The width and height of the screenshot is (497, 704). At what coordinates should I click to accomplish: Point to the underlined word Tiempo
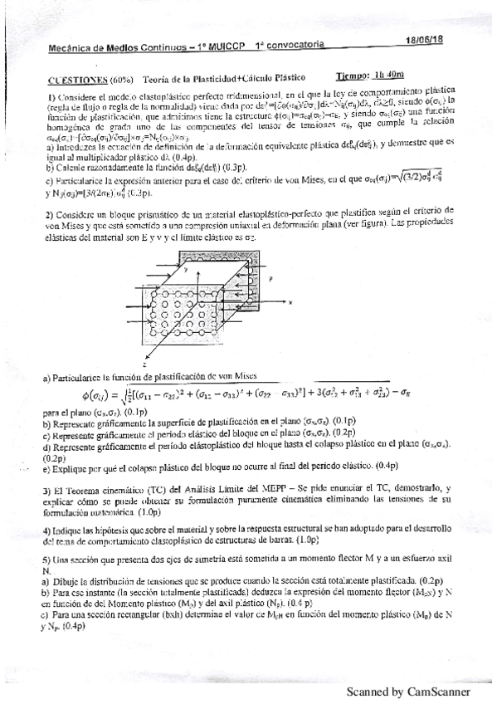[355, 74]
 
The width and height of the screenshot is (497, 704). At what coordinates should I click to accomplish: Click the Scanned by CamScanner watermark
[408, 691]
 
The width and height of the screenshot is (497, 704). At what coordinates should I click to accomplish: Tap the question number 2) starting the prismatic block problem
[51, 215]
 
